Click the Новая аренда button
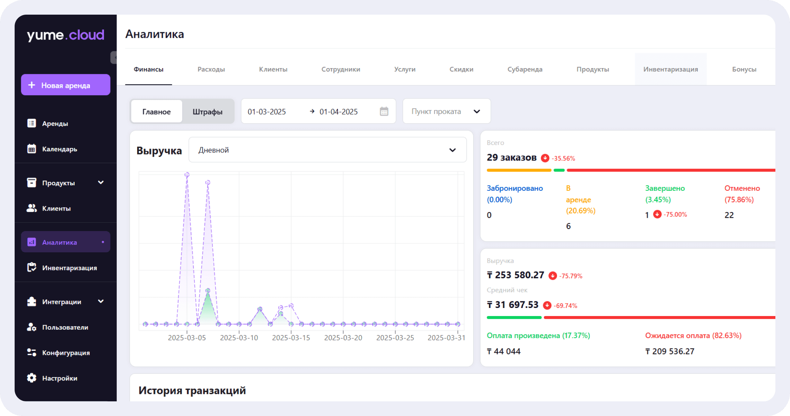coord(65,85)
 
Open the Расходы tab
coord(211,69)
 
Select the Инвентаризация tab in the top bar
coord(670,69)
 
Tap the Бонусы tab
coord(744,69)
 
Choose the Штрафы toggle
coord(207,112)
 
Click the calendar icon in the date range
coord(384,111)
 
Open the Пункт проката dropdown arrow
coord(477,111)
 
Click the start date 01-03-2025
coord(267,112)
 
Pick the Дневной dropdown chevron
coord(452,150)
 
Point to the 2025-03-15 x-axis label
coord(291,338)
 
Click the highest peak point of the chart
coord(187,175)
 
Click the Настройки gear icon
coord(32,378)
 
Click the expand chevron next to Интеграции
coord(101,301)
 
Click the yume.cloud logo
coord(65,35)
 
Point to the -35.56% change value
coord(563,158)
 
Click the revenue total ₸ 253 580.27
coord(515,275)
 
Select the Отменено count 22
coord(729,215)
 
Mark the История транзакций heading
coord(192,390)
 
